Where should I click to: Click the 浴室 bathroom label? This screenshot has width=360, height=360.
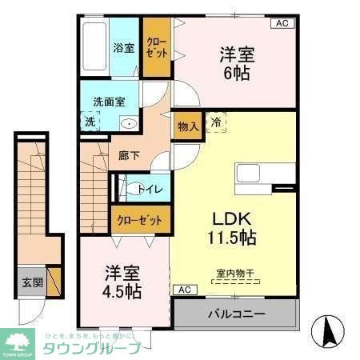click(x=123, y=46)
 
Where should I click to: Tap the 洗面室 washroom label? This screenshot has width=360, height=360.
click(x=109, y=102)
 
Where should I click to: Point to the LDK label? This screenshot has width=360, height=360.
click(x=233, y=218)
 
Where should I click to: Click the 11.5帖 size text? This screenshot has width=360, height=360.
click(x=234, y=238)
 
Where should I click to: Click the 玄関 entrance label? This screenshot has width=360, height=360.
click(x=33, y=282)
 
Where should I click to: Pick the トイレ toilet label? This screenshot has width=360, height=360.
click(x=150, y=189)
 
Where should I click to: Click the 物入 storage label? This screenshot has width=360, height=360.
click(x=188, y=126)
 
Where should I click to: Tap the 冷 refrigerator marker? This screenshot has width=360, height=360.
click(x=215, y=122)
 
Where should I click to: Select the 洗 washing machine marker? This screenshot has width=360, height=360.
click(x=90, y=122)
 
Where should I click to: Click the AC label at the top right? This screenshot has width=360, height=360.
click(x=281, y=24)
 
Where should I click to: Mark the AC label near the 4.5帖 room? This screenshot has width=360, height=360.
click(x=183, y=289)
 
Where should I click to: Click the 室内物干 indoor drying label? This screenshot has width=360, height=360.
click(x=234, y=274)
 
